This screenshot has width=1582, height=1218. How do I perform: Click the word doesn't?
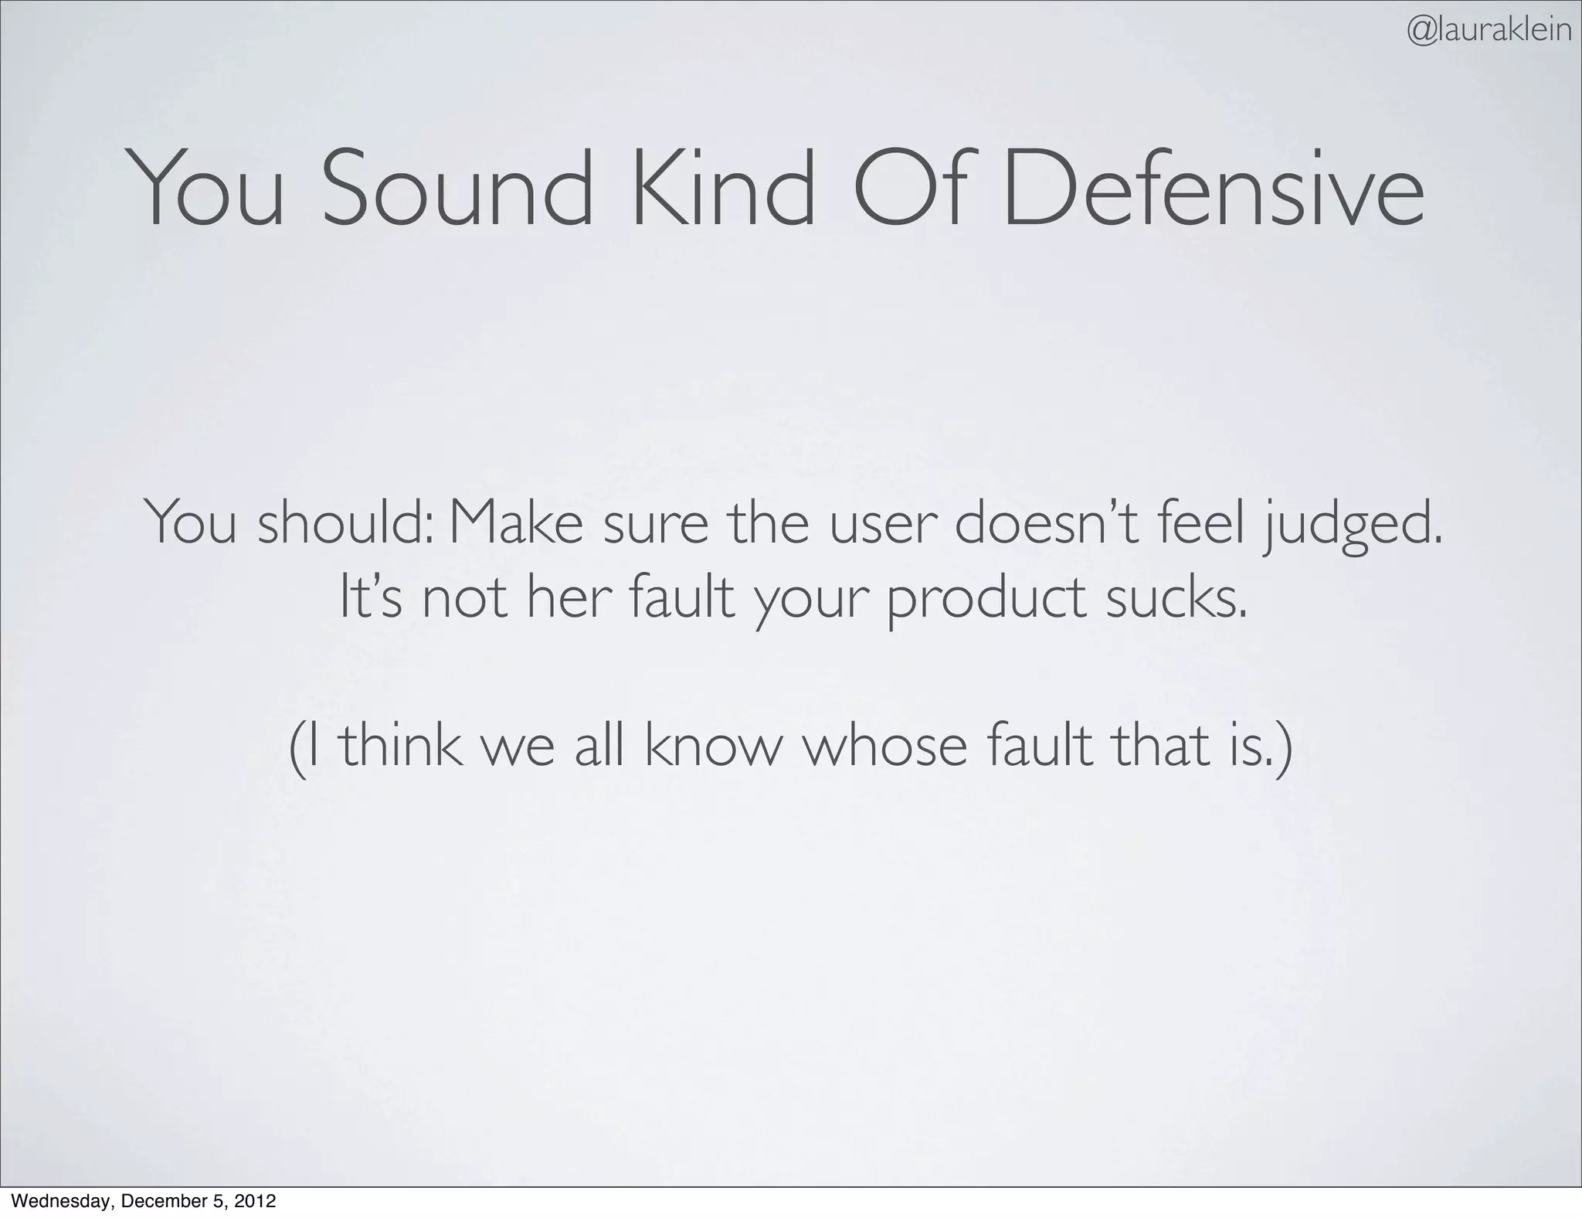point(1047,523)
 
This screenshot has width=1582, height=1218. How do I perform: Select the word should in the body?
point(345,523)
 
